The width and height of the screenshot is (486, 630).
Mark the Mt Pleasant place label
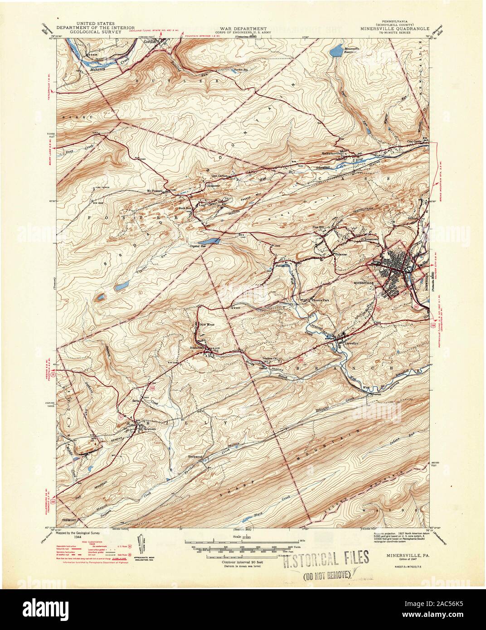click(x=156, y=191)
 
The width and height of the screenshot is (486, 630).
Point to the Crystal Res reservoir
click(x=211, y=242)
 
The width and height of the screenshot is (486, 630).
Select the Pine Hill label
click(x=319, y=225)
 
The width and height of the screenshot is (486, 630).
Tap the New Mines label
click(x=207, y=325)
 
